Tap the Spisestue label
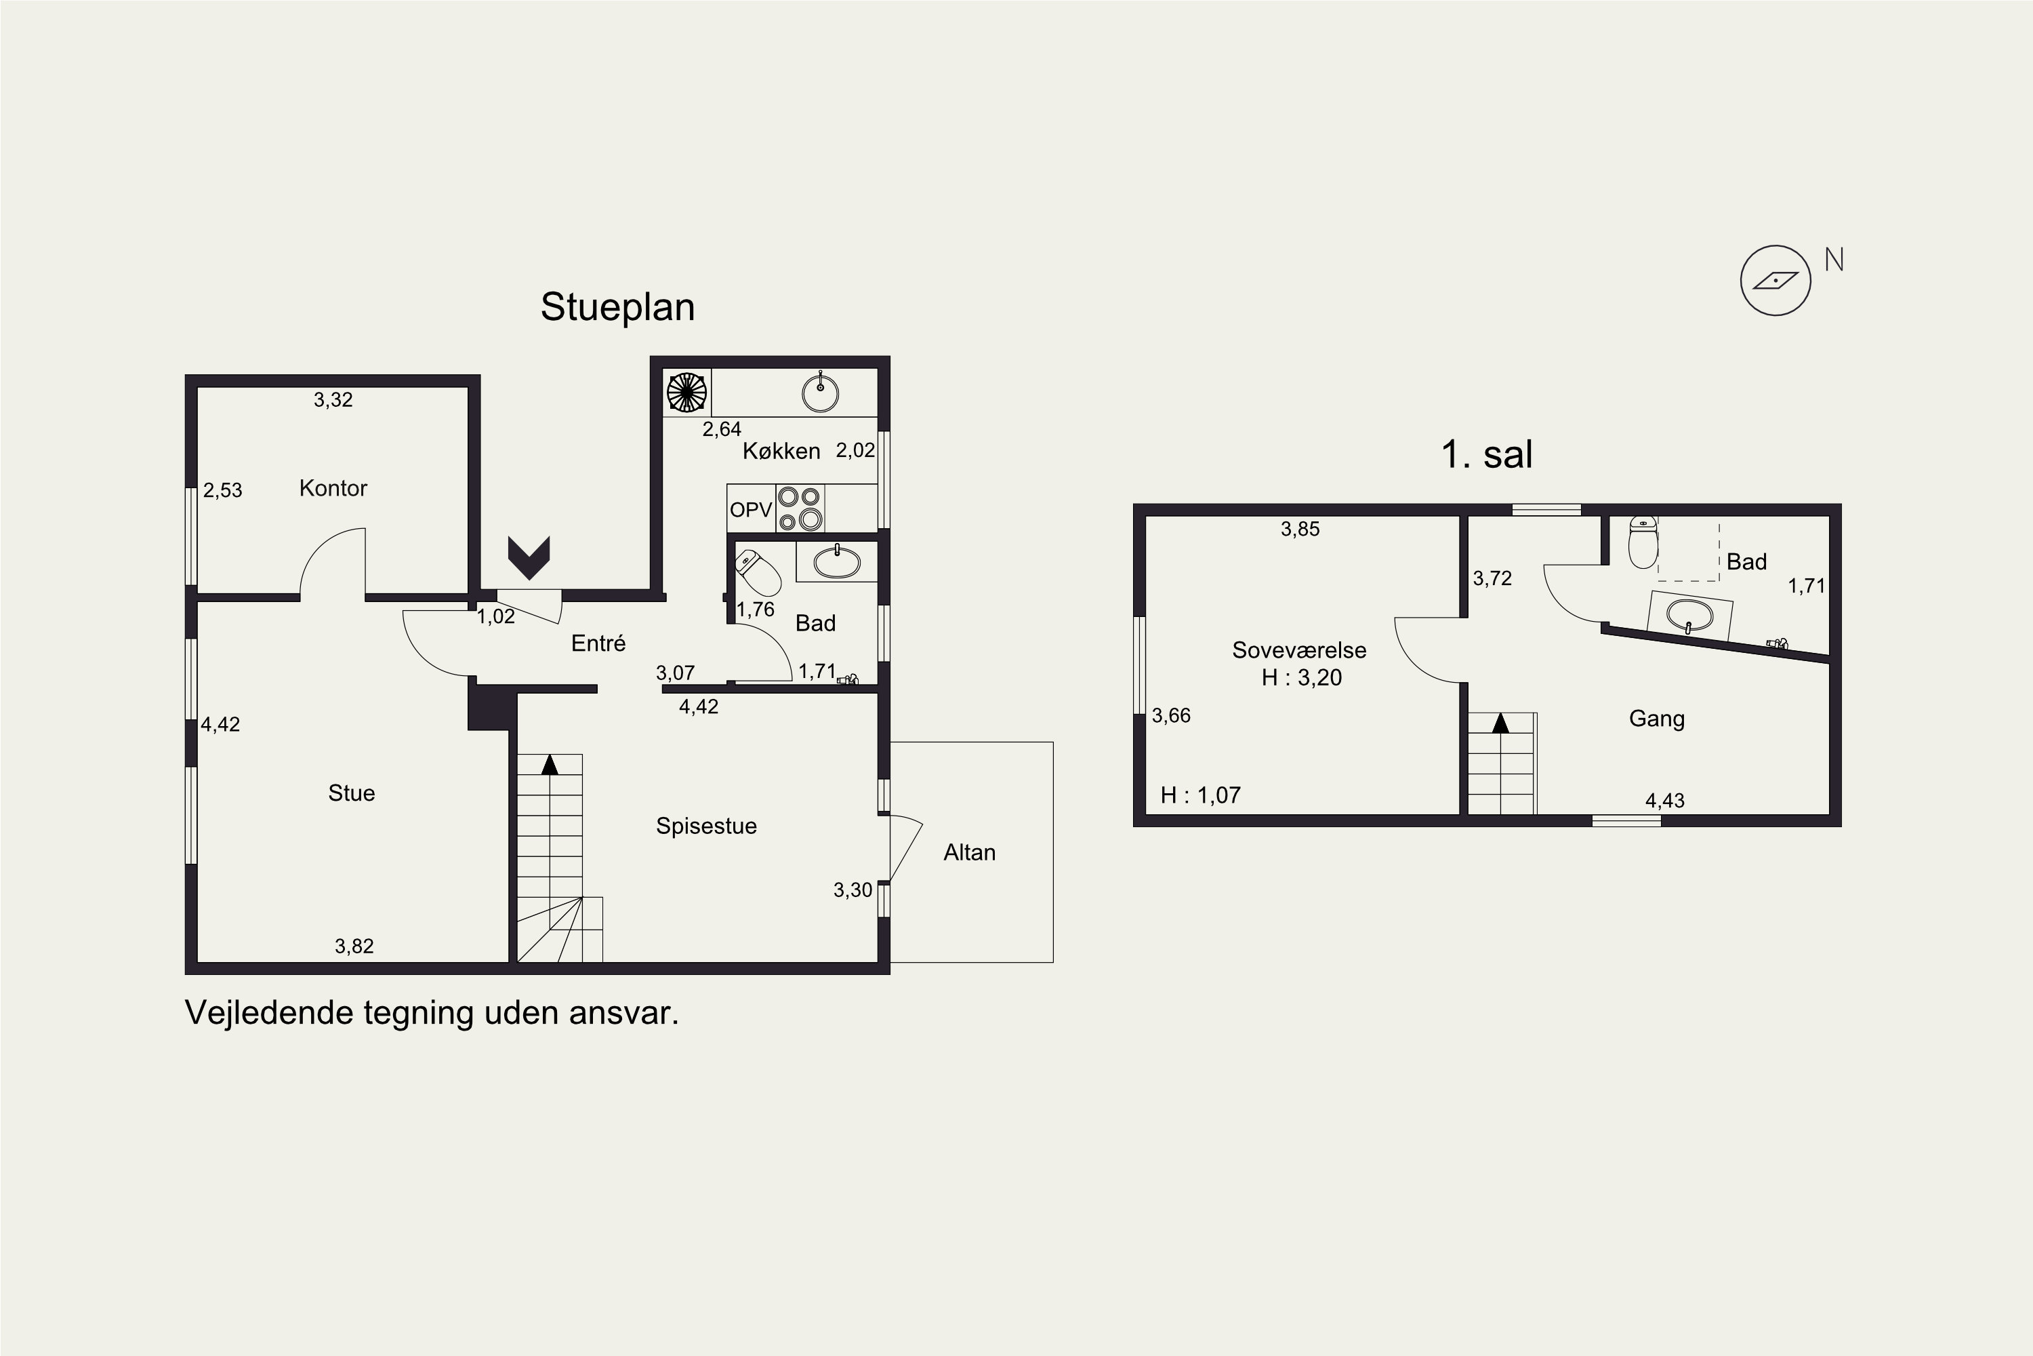[706, 826]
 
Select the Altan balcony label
[969, 853]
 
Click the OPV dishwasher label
[750, 509]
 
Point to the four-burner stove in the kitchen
[800, 509]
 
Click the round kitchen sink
[819, 393]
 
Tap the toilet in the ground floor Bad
[757, 572]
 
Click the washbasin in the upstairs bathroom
[1689, 616]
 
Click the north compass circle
[1775, 280]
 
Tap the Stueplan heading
[617, 308]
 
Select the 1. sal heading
[1487, 455]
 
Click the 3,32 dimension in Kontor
[333, 399]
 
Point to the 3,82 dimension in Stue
[354, 946]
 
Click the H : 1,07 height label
[1201, 795]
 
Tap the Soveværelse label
[1299, 650]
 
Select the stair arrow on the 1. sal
[1500, 722]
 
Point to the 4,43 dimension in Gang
[1665, 801]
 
